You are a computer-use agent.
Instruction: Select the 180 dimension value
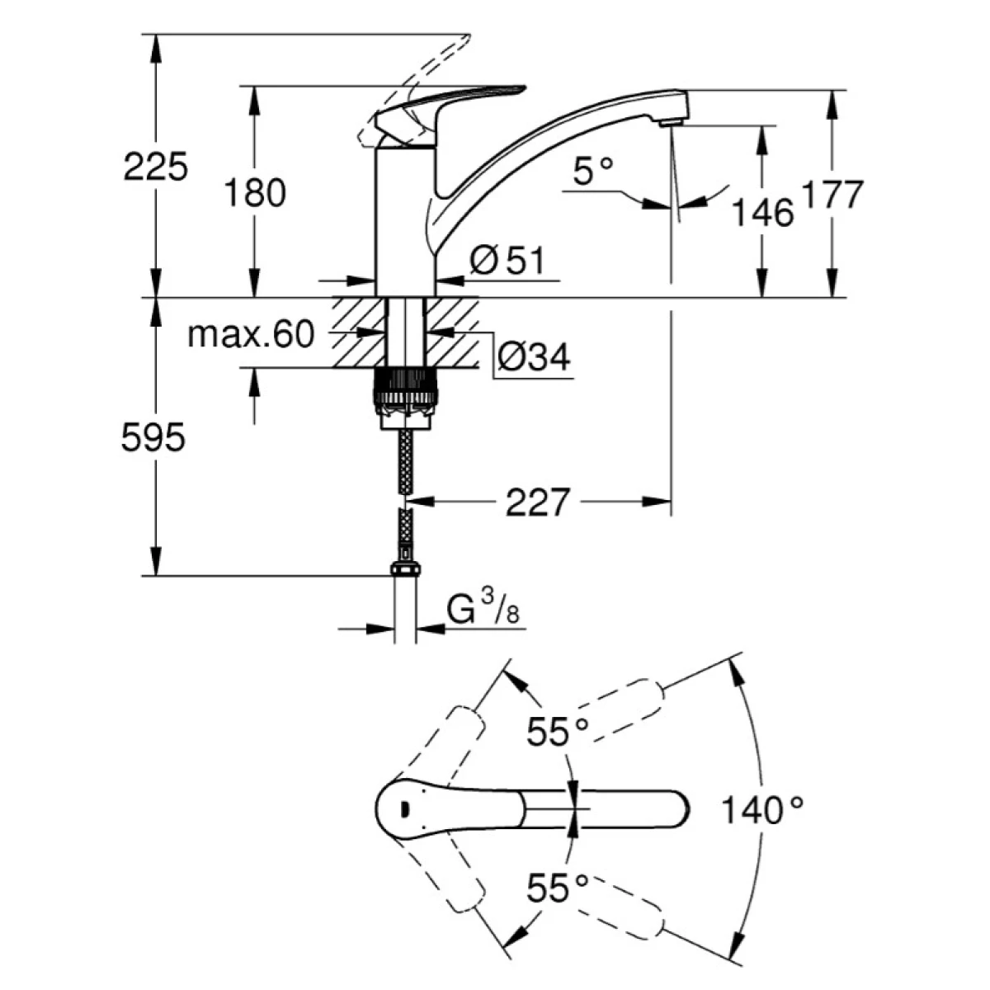tap(255, 192)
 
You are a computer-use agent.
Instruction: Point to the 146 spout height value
tap(762, 213)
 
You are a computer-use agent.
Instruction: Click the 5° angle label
tap(593, 172)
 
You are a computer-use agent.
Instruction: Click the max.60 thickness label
tap(251, 334)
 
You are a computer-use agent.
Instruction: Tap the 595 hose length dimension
tap(153, 438)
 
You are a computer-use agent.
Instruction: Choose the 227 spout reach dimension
tap(538, 502)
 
